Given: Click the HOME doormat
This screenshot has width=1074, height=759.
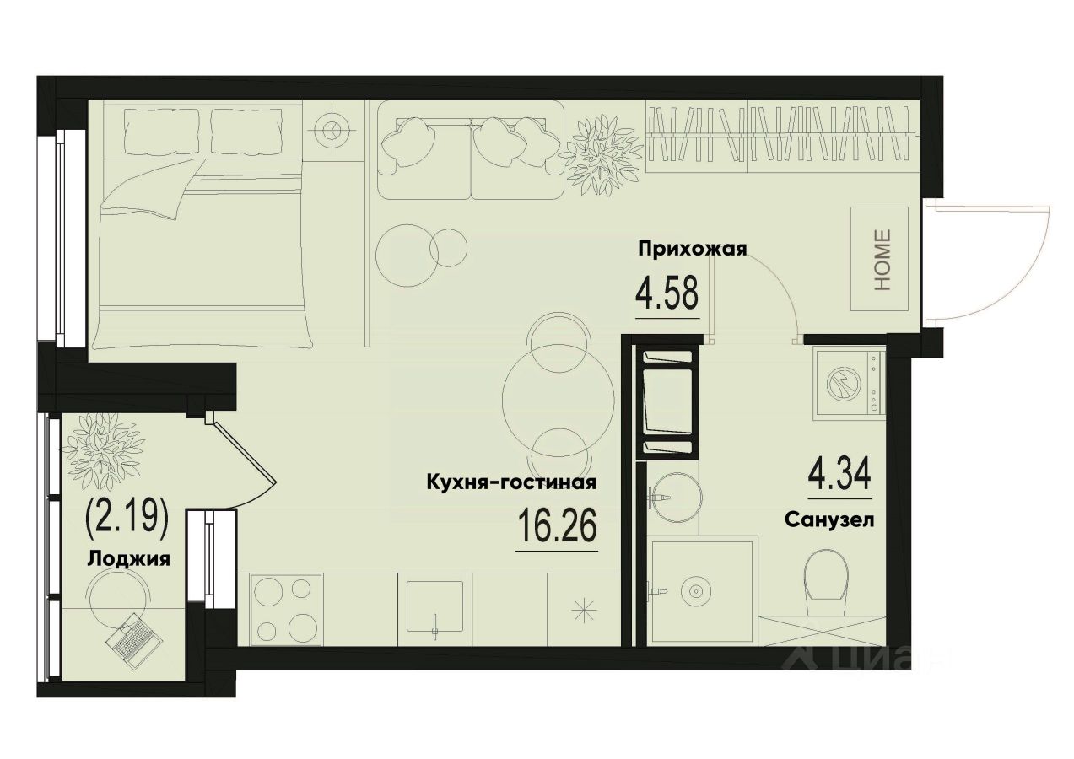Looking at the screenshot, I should click(x=882, y=259).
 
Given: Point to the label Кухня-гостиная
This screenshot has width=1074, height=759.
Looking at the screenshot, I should click(x=512, y=483).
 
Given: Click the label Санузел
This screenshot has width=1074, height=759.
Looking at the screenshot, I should click(x=828, y=519).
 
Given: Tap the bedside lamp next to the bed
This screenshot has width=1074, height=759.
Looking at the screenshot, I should click(x=332, y=131).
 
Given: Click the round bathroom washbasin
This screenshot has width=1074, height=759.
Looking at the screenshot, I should click(x=671, y=491).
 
